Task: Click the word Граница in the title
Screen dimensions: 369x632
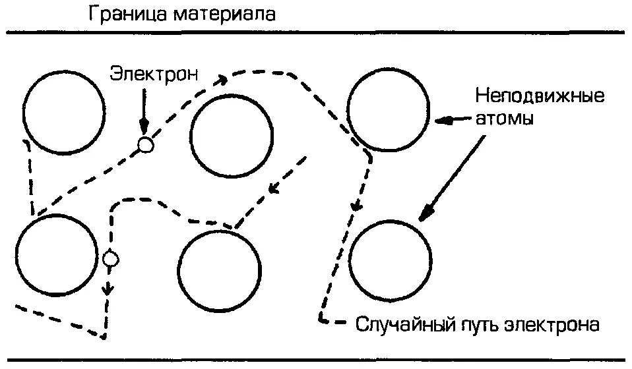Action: click(130, 14)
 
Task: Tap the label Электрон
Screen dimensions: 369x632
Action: click(154, 72)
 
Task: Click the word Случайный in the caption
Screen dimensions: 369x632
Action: click(403, 324)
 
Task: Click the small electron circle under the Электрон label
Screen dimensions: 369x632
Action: click(145, 144)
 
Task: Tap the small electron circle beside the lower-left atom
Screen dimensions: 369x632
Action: click(111, 259)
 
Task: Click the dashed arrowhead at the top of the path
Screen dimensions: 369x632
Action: click(221, 80)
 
